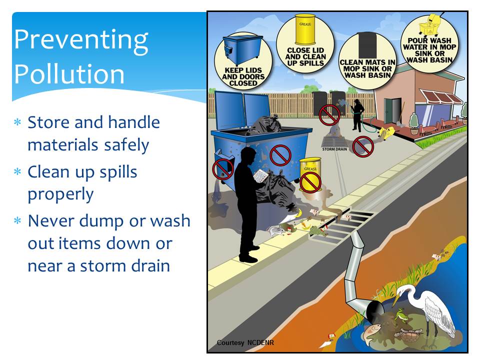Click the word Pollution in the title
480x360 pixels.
click(69, 74)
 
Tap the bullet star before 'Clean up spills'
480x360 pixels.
click(17, 171)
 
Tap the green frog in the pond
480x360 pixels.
click(399, 315)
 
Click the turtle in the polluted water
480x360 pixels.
click(407, 335)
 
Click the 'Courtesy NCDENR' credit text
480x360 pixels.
click(245, 342)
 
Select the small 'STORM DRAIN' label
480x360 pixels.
click(334, 149)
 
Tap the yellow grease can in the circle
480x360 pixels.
click(305, 29)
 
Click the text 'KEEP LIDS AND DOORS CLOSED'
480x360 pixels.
click(243, 76)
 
